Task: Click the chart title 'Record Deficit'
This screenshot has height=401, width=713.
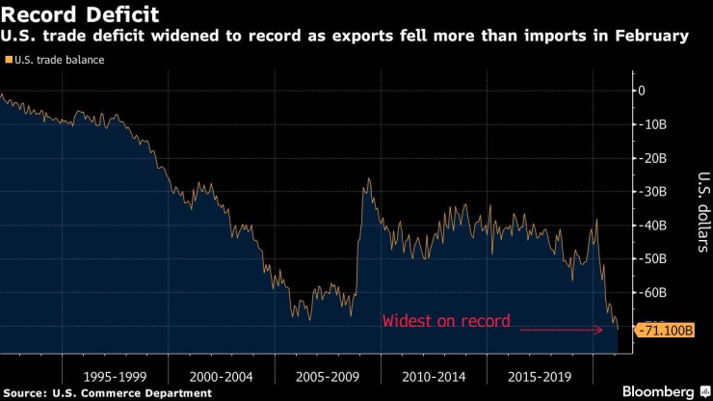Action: tap(80, 16)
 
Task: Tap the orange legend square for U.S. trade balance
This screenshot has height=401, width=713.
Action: tap(9, 60)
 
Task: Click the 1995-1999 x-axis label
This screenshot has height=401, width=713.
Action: tap(115, 373)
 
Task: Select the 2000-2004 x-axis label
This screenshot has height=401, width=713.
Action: tap(221, 373)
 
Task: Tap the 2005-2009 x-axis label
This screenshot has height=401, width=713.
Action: tap(327, 373)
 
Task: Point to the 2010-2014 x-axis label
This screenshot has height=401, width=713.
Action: tap(433, 373)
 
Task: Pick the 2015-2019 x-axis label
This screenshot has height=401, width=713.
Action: tap(539, 373)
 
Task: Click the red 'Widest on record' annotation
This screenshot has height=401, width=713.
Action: tap(446, 321)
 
